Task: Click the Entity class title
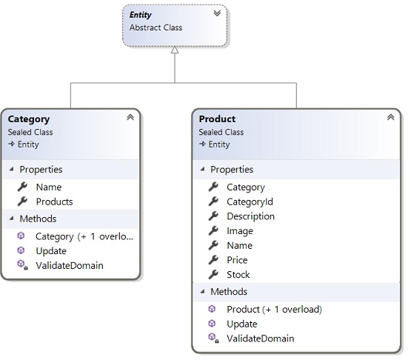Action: point(140,15)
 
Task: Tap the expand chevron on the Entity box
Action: point(217,13)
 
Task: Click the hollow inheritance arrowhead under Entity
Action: point(175,50)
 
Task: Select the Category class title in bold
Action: point(29,119)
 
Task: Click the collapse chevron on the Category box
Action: point(130,117)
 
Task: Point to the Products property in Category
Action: point(54,201)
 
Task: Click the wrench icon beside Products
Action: point(22,201)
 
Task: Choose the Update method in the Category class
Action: point(51,251)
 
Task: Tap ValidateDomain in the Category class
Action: point(70,265)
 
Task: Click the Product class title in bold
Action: point(217,119)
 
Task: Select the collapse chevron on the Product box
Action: point(391,117)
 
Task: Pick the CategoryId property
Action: point(250,202)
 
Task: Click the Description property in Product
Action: point(250,216)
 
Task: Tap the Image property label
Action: point(240,231)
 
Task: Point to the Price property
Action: point(237,260)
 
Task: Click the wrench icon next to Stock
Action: point(213,274)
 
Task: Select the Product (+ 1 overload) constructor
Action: point(274,310)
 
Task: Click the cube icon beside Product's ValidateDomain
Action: point(213,338)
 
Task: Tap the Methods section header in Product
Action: point(229,292)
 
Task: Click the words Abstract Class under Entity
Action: point(156,27)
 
